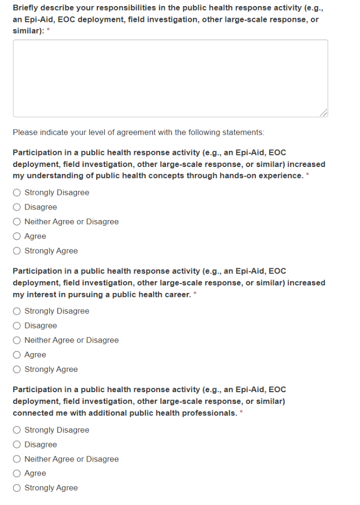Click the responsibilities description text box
pos(170,78)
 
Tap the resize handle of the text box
pos(324,113)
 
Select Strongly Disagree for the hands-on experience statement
pos(17,192)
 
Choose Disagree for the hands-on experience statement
pos(17,207)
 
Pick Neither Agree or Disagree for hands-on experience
pos(17,222)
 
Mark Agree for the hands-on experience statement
pos(17,236)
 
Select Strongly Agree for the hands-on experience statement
pos(17,251)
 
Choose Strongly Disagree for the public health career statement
pos(17,311)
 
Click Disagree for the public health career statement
pos(17,326)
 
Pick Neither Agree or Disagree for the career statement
pos(17,341)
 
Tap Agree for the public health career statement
pos(17,355)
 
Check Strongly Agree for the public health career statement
pos(17,369)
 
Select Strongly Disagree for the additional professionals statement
pos(17,430)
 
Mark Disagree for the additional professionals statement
pos(17,445)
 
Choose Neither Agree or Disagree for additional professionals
pos(17,459)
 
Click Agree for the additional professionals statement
pos(17,474)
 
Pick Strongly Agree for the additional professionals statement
pos(17,488)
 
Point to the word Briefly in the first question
pos(26,8)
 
